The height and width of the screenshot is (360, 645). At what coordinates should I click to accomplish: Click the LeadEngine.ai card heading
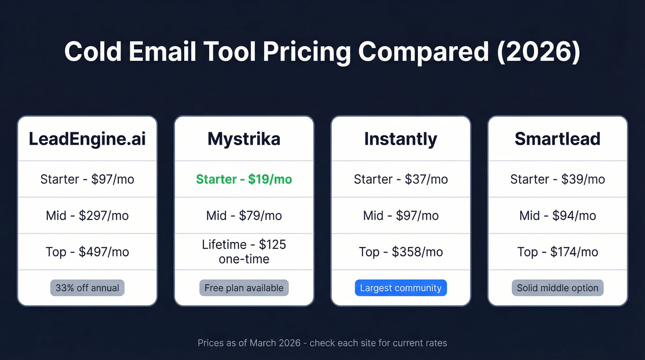pos(87,139)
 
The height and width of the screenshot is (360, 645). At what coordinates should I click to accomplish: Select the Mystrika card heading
pos(244,139)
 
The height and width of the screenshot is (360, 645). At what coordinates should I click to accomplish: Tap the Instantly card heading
pos(401,139)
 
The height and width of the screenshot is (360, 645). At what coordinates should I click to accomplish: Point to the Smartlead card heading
pos(557,139)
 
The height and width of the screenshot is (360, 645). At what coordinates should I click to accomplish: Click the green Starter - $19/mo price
pos(244,179)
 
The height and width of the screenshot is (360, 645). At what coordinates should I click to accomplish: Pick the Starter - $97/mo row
pos(87,179)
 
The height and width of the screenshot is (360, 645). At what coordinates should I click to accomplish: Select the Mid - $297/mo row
pos(87,215)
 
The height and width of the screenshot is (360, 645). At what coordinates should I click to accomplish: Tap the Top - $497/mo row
pos(87,252)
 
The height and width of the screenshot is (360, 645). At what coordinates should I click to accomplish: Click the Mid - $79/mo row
pos(244,215)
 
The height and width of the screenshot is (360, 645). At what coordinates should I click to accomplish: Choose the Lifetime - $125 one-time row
pos(244,252)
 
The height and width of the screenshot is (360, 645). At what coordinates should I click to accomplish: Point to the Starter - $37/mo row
pos(401,179)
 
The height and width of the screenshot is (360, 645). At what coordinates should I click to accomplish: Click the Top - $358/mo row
pos(401,252)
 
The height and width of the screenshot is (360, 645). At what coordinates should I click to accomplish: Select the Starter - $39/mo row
pos(557,179)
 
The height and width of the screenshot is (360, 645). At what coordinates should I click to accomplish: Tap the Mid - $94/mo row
pos(557,215)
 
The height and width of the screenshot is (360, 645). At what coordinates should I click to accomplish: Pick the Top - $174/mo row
pos(557,252)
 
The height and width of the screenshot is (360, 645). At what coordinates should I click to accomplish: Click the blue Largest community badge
pos(401,288)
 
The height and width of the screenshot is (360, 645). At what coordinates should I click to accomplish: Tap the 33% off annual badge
pos(87,288)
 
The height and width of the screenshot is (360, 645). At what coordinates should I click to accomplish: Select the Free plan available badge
pos(244,288)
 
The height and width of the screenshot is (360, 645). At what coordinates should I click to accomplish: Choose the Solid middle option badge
pos(557,288)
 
